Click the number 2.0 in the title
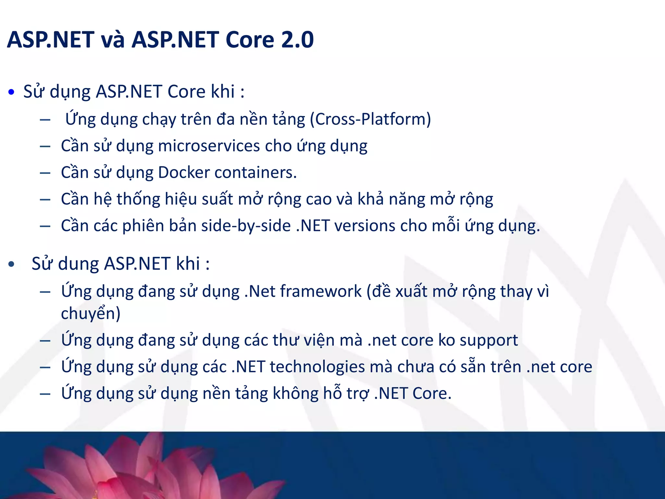[297, 40]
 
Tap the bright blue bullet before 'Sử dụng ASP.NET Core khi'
[12, 92]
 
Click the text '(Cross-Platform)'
[370, 119]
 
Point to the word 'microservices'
[209, 146]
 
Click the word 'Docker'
[184, 173]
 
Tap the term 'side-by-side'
[246, 226]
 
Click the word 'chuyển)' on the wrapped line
[91, 313]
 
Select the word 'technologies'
[317, 367]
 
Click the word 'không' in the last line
[295, 394]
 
